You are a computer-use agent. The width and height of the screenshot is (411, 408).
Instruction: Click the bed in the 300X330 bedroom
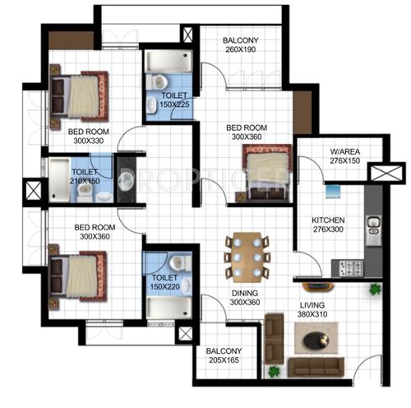[x=79, y=95]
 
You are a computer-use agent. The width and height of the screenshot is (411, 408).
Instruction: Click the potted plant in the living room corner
[x=375, y=289]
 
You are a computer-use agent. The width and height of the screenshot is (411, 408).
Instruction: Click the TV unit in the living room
[x=316, y=288]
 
